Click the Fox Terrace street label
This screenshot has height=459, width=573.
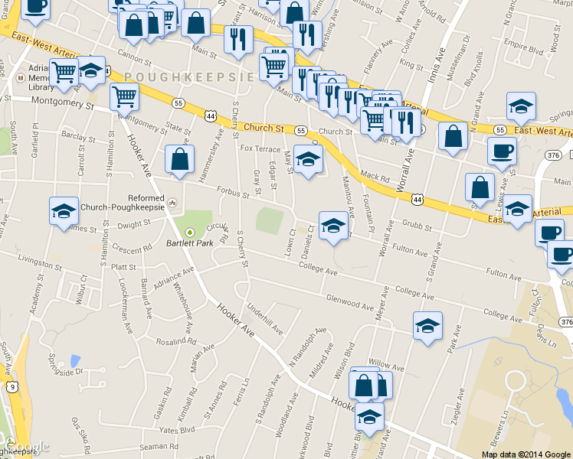tap(260, 148)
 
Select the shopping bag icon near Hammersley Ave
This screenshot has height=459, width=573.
tap(179, 161)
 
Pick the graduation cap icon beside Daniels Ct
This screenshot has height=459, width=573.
tap(333, 226)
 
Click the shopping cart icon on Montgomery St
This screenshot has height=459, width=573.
tap(124, 97)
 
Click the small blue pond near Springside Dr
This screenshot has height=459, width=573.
tap(74, 360)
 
